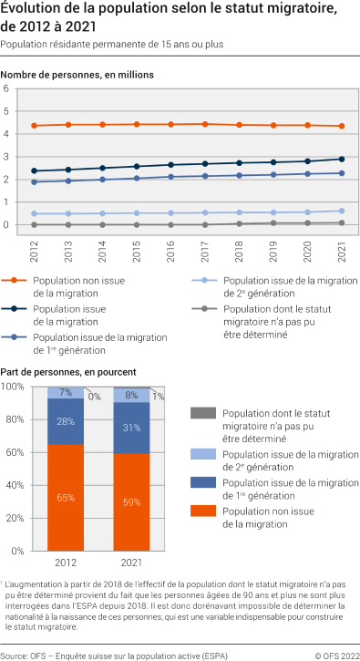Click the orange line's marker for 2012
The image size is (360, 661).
click(x=34, y=126)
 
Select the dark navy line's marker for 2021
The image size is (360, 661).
click(x=342, y=159)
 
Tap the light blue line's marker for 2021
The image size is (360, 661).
click(x=342, y=211)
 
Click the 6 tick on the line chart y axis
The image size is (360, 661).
click(x=6, y=89)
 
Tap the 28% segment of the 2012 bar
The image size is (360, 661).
click(x=66, y=421)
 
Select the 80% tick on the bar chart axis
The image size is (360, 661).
click(x=13, y=419)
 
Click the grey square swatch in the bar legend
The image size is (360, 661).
click(x=202, y=413)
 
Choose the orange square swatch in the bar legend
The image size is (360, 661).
click(x=202, y=517)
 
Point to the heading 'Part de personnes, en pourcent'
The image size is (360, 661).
click(x=68, y=372)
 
